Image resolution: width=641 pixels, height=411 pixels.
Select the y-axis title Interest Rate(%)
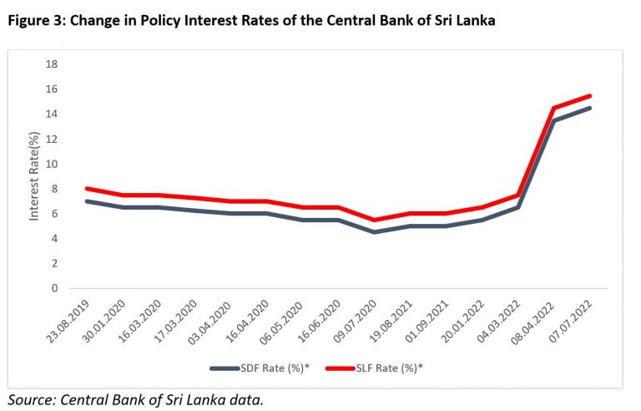point(34,175)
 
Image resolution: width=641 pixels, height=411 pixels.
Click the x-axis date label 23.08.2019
point(70,321)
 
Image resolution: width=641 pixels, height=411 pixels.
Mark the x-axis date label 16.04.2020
point(251,321)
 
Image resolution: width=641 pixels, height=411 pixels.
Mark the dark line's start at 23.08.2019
point(86,201)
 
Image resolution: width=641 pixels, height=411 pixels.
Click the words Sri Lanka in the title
point(464,22)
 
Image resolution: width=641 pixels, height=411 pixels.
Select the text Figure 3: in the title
point(34,22)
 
